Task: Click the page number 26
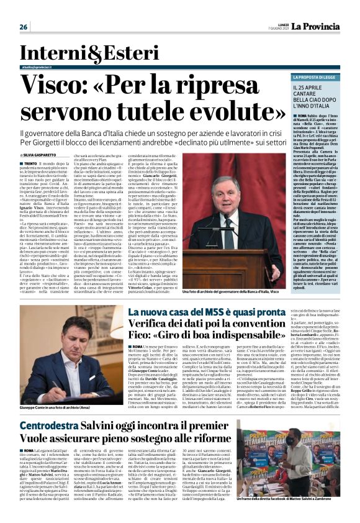point(24,26)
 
